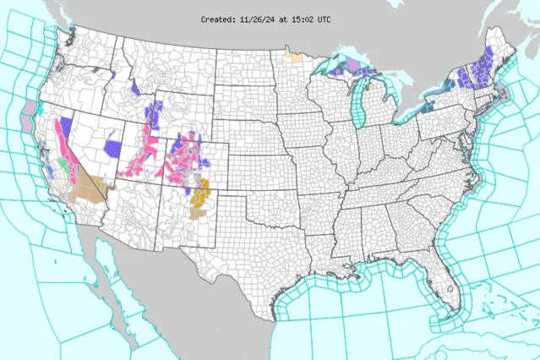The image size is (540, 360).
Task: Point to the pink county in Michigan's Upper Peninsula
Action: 352,65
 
